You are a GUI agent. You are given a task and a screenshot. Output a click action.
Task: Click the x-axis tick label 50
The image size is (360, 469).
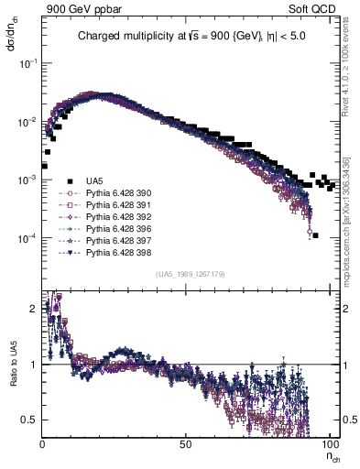pyautogui.click(x=185, y=443)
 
